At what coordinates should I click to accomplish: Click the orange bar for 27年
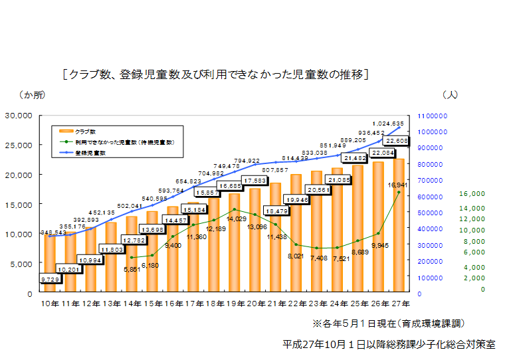pyautogui.click(x=399, y=226)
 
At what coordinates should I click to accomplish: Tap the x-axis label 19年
pyautogui.click(x=235, y=304)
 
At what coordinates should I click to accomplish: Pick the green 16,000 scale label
pyautogui.click(x=472, y=194)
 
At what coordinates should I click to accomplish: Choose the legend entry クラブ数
pyautogui.click(x=86, y=132)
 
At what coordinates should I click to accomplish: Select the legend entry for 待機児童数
pyautogui.click(x=124, y=142)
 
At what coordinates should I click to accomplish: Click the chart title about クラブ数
pyautogui.click(x=216, y=74)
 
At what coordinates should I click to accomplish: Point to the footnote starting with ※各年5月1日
pyautogui.click(x=389, y=323)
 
